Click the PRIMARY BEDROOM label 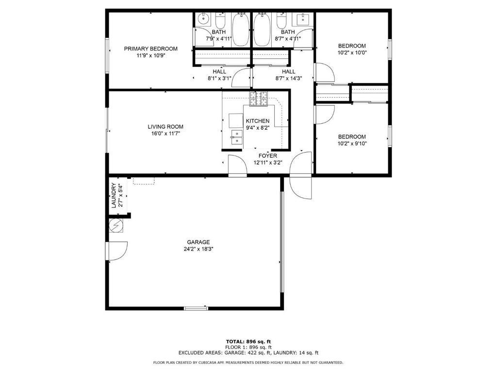pos(150,49)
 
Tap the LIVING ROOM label pos(166,127)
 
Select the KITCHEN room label pos(258,121)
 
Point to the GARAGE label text pos(198,242)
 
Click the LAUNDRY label pos(114,195)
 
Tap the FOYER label pos(268,156)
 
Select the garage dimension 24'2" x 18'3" pos(199,249)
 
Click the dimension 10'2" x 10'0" pos(352,52)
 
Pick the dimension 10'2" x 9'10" pos(352,144)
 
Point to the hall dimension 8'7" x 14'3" pos(288,78)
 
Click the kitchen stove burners pos(259,99)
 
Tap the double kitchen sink pos(236,137)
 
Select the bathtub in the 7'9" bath pos(242,30)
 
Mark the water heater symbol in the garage pos(116,225)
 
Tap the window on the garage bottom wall pos(196,307)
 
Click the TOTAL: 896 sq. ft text pos(248,341)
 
